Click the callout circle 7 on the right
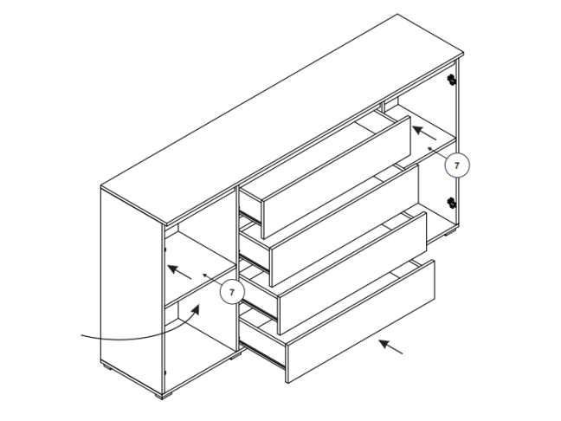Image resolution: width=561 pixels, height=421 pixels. click(457, 165)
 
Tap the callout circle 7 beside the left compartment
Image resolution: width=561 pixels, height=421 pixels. click(232, 292)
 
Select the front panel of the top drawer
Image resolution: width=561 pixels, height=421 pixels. click(336, 178)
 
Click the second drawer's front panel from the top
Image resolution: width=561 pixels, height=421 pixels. click(345, 225)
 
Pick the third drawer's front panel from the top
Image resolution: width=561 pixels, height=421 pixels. click(353, 273)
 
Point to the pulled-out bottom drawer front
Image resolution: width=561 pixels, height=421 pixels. click(360, 321)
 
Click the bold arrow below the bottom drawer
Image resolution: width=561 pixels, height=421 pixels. click(390, 347)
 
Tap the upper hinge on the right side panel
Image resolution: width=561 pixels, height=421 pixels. click(452, 80)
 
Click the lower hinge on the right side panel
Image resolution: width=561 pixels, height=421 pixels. click(452, 203)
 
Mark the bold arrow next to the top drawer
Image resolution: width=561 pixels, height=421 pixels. click(424, 133)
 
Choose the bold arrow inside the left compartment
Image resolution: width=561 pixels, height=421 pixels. click(179, 272)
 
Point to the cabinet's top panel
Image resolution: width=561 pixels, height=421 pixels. click(282, 120)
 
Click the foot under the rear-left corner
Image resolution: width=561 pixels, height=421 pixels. click(107, 367)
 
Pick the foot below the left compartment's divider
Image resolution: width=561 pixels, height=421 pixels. click(236, 356)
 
